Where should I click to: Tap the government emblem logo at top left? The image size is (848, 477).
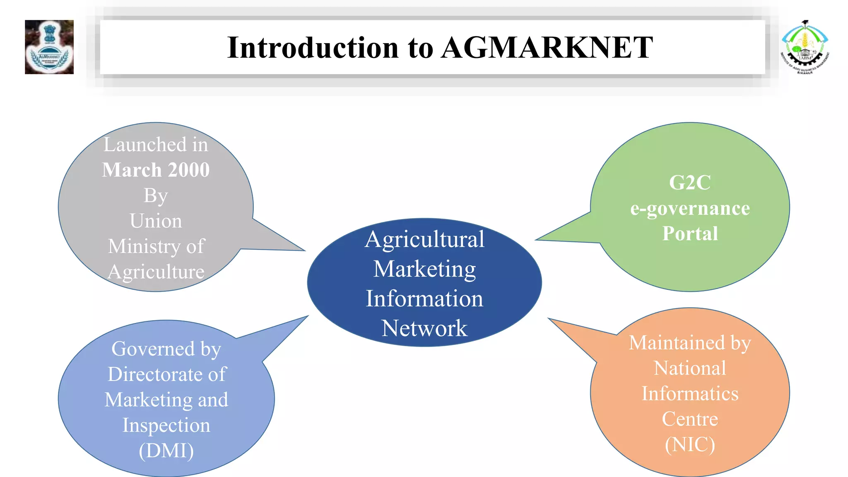click(49, 47)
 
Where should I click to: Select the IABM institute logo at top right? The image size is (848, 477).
click(805, 47)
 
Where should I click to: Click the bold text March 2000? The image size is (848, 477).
click(156, 170)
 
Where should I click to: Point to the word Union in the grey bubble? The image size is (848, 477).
click(156, 221)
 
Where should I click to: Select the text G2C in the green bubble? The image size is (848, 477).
click(690, 183)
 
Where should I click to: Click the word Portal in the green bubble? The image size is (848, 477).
click(690, 234)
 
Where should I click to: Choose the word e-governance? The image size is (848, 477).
click(690, 208)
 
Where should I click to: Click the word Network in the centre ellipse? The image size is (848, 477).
click(424, 328)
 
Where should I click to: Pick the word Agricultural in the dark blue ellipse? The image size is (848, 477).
click(424, 239)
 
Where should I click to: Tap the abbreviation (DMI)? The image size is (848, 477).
click(166, 450)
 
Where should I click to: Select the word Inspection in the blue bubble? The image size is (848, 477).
click(166, 425)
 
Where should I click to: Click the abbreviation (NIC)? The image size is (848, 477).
click(690, 444)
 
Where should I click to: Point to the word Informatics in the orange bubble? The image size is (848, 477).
click(690, 393)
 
